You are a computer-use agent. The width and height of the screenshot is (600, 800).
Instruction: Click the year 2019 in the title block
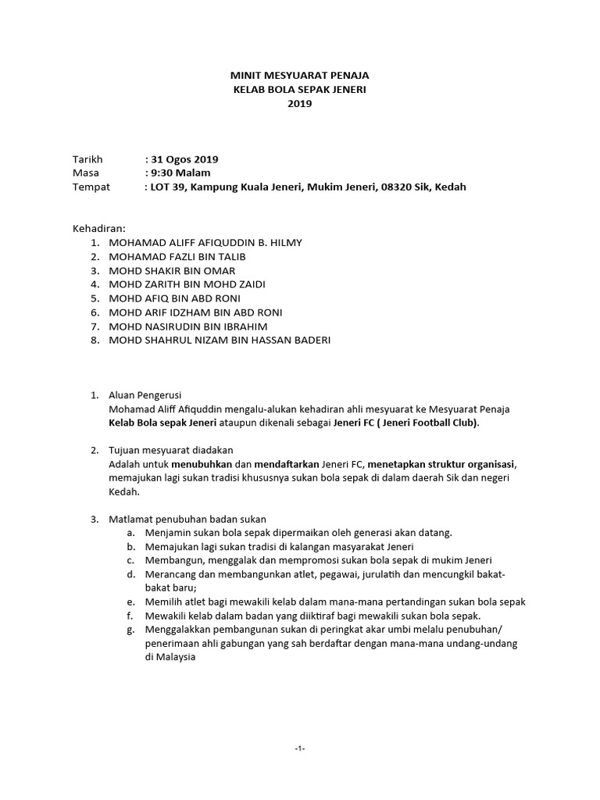(299, 103)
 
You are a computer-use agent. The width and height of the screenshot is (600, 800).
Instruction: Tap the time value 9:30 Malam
(180, 173)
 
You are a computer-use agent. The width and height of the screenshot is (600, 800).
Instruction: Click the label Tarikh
(87, 159)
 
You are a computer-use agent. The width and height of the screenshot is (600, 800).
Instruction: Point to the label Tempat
(91, 187)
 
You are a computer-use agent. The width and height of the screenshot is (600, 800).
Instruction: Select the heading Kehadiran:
(99, 228)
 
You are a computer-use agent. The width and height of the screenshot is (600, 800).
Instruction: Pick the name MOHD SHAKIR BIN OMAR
(173, 270)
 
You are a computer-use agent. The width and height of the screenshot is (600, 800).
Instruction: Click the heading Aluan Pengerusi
(145, 395)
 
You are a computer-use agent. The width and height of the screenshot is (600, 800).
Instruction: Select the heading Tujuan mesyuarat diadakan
(171, 451)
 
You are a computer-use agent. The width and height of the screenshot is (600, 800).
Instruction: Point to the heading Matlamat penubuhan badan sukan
(187, 519)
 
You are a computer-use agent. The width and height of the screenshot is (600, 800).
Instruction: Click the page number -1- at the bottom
(300, 748)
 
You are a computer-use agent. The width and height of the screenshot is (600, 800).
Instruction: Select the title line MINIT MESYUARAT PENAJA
(300, 76)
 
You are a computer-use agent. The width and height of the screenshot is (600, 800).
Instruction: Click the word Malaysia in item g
(170, 658)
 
